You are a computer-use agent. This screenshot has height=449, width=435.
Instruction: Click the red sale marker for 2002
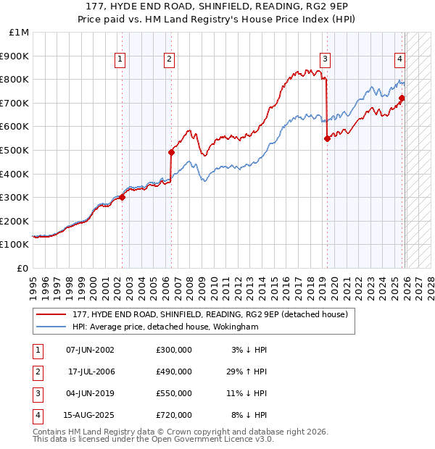click(x=122, y=196)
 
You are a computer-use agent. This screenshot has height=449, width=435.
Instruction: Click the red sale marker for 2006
click(x=172, y=152)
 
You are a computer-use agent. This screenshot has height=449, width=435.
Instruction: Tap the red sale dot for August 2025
click(x=402, y=98)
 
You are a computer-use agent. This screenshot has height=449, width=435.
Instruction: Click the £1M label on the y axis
click(x=20, y=33)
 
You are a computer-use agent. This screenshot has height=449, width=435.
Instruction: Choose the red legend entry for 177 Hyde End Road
click(x=210, y=314)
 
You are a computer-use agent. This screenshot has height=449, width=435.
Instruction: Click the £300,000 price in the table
click(x=174, y=350)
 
